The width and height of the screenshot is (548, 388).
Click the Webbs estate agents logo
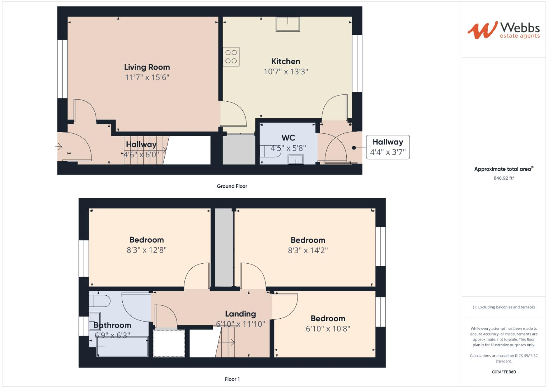click(503, 30)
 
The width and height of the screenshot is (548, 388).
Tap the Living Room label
click(147, 67)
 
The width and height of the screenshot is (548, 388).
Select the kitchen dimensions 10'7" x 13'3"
click(286, 72)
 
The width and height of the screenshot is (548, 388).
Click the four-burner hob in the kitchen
click(231, 57)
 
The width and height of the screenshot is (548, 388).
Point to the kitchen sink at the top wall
click(288, 24)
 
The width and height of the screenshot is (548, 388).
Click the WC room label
click(288, 138)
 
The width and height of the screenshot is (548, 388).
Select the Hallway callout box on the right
click(388, 147)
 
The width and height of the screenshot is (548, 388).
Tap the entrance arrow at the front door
click(59, 147)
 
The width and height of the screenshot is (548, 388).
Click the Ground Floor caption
click(232, 186)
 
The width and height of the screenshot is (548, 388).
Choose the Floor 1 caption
click(232, 379)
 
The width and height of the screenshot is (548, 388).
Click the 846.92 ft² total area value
click(503, 178)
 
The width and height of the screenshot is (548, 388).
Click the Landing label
click(240, 314)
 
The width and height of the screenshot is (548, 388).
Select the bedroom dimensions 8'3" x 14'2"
click(308, 250)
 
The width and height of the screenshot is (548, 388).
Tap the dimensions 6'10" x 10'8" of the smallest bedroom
click(328, 329)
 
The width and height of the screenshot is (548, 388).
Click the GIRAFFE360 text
click(503, 372)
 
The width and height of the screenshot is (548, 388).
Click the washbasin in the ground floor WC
click(296, 160)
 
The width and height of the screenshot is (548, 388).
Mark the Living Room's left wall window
click(62, 69)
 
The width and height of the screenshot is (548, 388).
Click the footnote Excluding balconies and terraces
click(503, 307)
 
